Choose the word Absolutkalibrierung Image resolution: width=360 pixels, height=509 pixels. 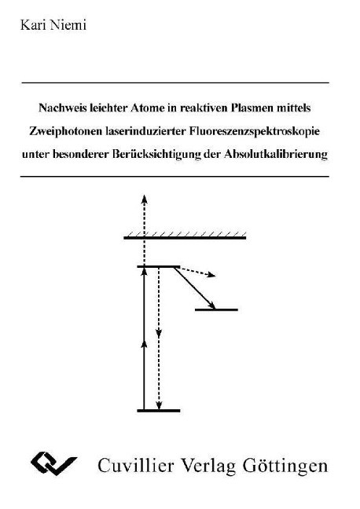pos(276,154)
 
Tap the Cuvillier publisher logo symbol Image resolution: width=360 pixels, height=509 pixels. pos(54,463)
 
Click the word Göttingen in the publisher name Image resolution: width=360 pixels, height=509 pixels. pos(285,466)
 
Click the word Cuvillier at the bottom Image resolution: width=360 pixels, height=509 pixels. pos(137,466)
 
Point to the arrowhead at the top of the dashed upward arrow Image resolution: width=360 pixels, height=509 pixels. pos(145,199)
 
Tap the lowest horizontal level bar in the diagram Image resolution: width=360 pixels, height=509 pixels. pos(159,411)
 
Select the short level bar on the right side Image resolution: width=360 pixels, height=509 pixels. pos(216,309)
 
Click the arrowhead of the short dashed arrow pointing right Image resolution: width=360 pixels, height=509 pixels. pos(211,275)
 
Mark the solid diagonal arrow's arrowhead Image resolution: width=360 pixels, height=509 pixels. pos(212,305)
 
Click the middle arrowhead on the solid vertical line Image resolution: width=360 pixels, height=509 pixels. pos(145,344)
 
